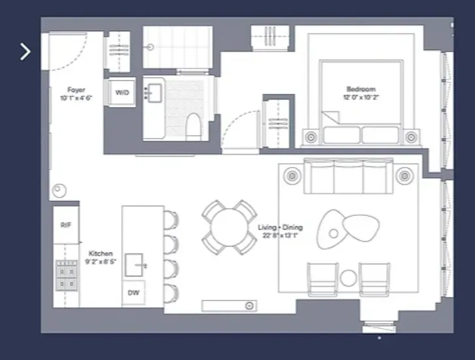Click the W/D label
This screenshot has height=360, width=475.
[122, 93]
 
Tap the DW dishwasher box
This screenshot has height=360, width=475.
[132, 293]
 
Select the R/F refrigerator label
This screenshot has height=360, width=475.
[65, 225]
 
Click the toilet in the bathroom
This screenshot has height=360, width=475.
[194, 127]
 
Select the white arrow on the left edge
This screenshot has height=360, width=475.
[25, 52]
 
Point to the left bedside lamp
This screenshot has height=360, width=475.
[311, 137]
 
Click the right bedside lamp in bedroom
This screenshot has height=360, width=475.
[411, 137]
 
